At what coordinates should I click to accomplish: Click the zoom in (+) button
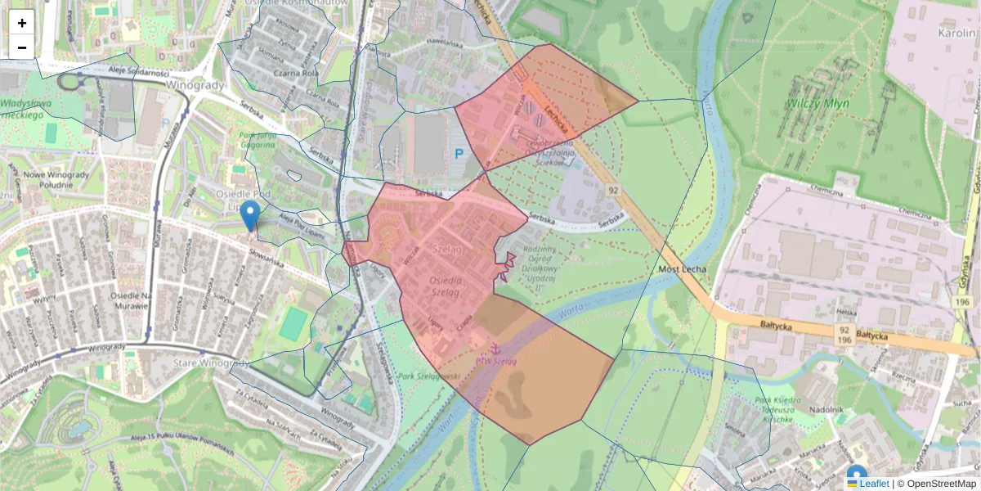tap(22, 23)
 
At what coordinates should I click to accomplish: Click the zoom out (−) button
tap(22, 47)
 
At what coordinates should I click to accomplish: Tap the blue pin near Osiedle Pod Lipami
tap(252, 214)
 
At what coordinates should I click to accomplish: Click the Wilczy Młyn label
tap(818, 104)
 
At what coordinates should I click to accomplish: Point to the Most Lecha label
tap(681, 269)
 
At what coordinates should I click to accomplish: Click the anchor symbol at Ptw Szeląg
tap(495, 349)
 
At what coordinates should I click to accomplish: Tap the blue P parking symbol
tap(459, 153)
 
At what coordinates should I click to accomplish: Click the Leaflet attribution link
tap(874, 484)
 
